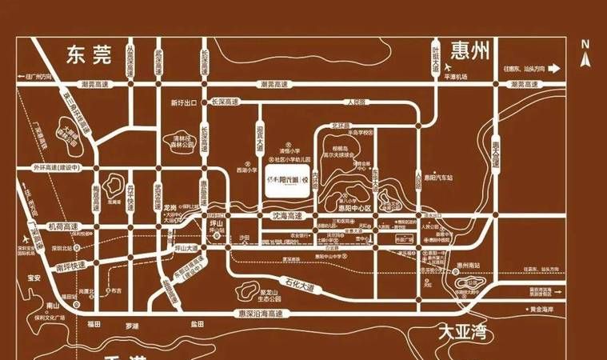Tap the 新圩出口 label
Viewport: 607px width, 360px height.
click(x=184, y=103)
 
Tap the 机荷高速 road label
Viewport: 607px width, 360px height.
click(x=63, y=227)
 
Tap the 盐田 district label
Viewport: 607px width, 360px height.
click(x=197, y=324)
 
